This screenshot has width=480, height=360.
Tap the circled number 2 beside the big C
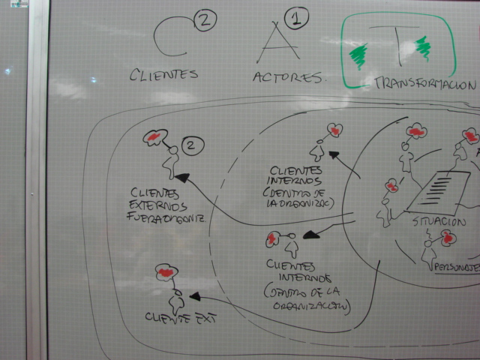tap(204, 21)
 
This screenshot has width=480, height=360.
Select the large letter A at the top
tap(272, 43)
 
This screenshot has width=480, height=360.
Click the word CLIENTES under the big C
tap(163, 74)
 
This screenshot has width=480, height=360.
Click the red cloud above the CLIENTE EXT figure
tap(166, 272)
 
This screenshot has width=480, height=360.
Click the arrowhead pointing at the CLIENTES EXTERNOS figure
tap(182, 179)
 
